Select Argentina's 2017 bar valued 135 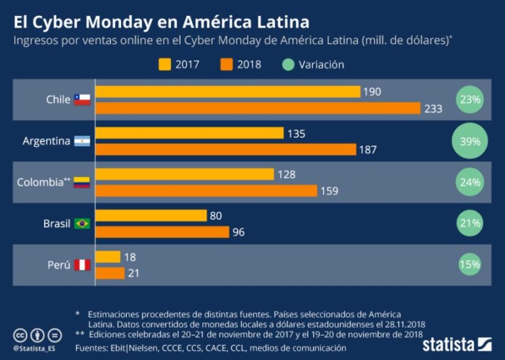[190, 134]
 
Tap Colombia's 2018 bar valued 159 [206, 191]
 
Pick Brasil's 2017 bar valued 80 [151, 215]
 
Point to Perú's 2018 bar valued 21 [110, 273]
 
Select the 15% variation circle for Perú [469, 265]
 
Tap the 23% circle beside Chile [469, 100]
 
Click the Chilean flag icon [82, 100]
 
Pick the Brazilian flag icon [82, 224]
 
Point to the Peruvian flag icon [82, 265]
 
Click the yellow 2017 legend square [164, 64]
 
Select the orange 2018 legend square [227, 64]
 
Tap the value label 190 [372, 92]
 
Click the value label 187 [368, 150]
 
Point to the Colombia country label [39, 182]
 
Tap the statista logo [457, 344]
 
